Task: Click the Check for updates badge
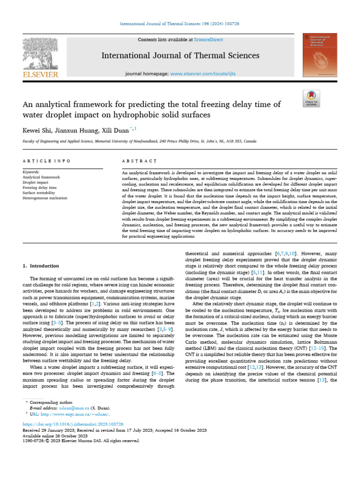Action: (312, 98)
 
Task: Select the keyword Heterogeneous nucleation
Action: (45, 198)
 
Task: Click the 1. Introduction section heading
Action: (41, 266)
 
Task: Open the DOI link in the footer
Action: (73, 424)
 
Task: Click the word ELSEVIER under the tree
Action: (40, 75)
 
